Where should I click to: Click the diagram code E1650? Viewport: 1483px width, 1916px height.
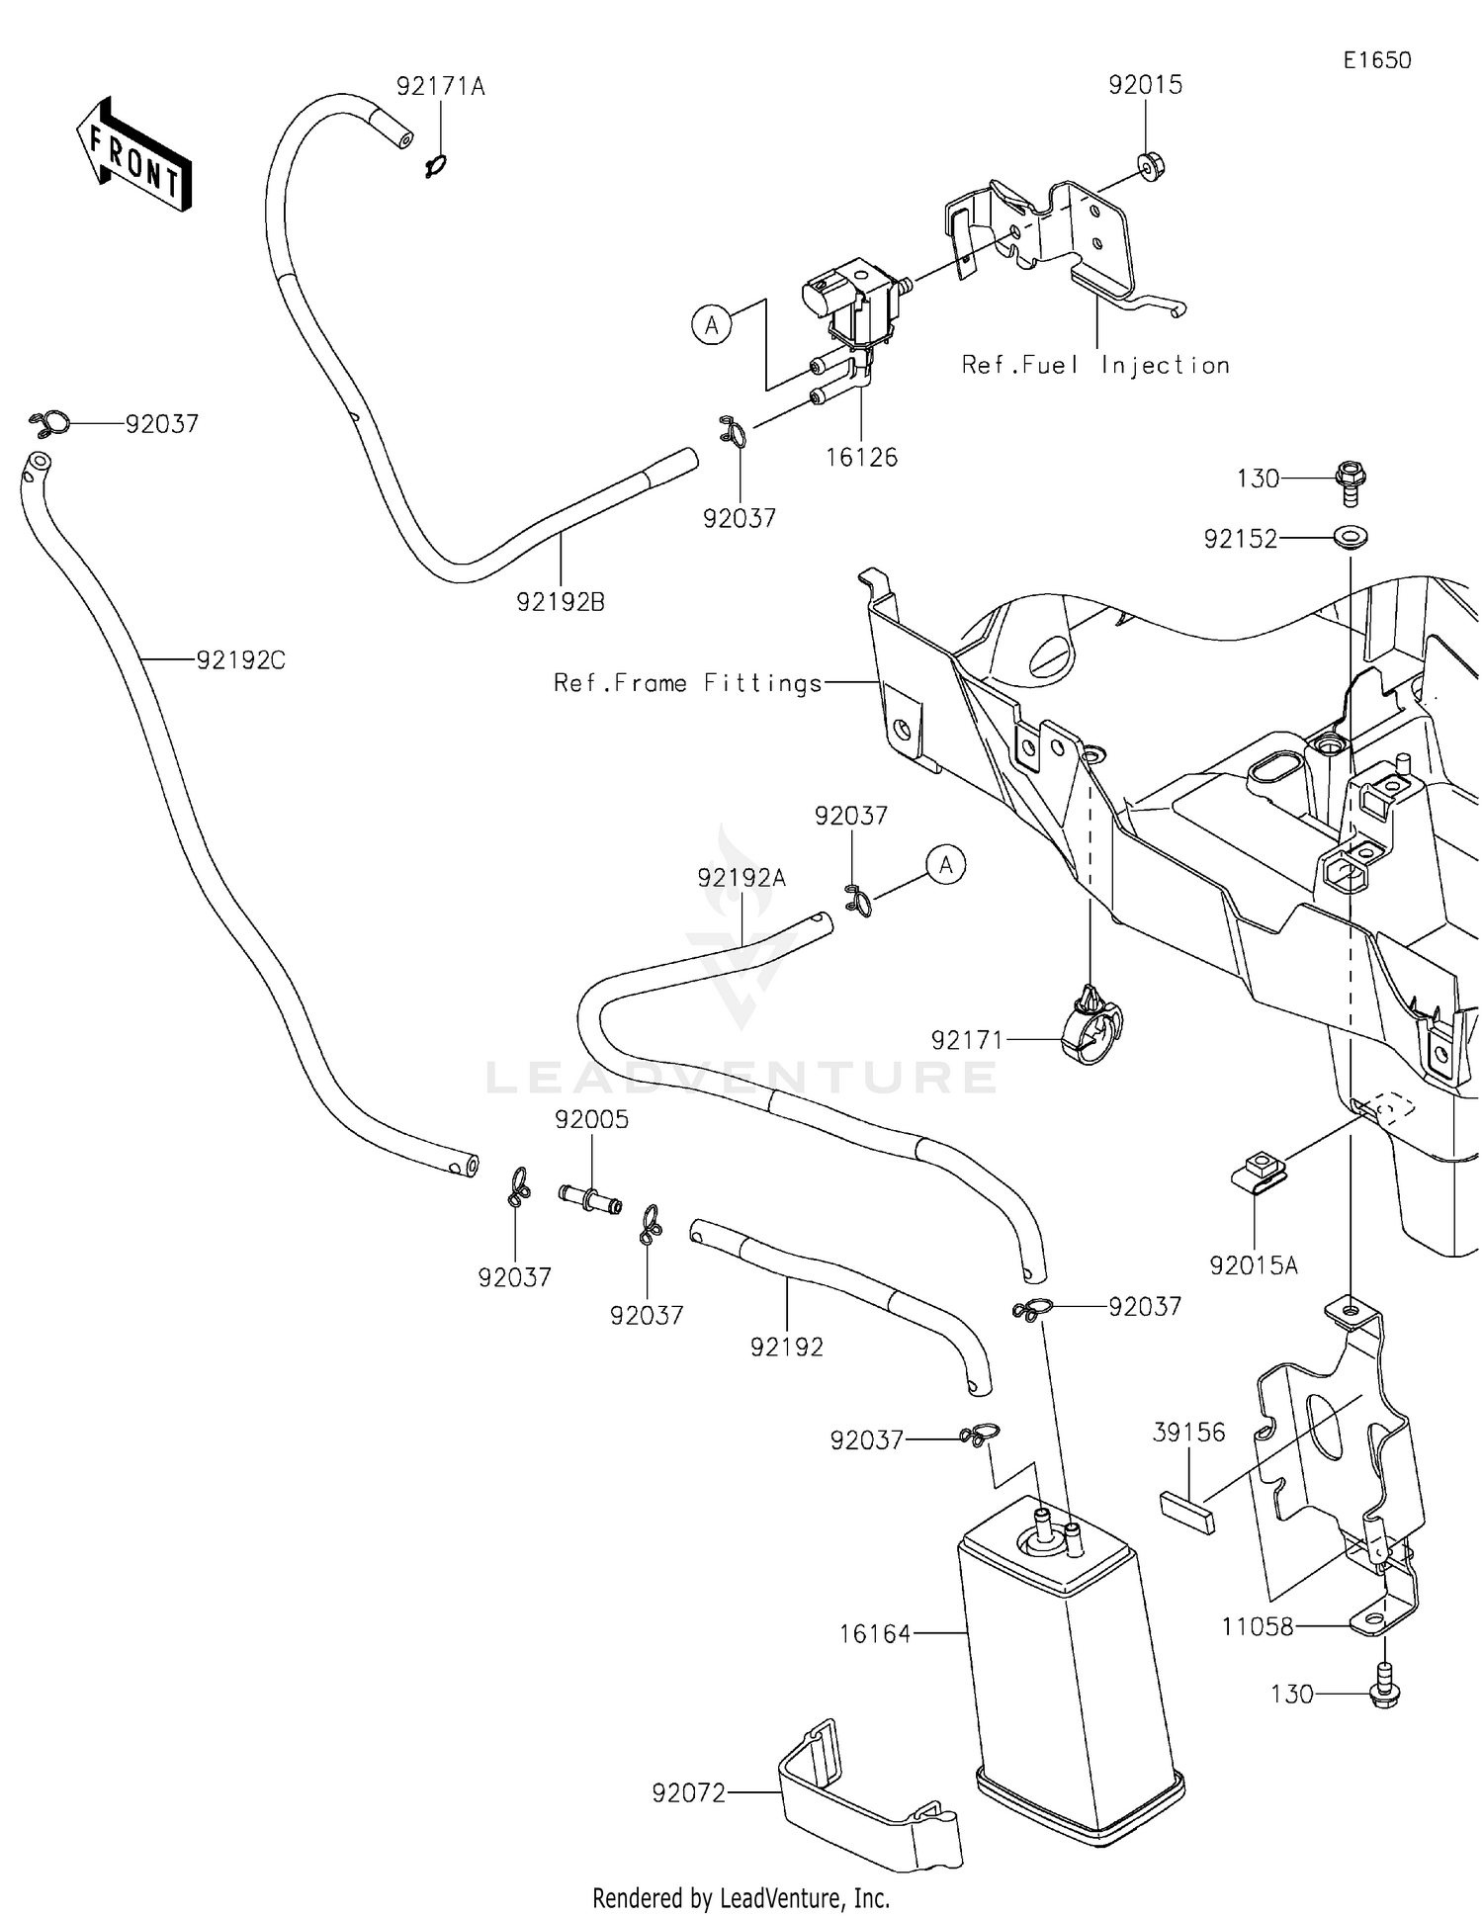coord(1376,60)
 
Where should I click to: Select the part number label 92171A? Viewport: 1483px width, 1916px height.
coord(440,87)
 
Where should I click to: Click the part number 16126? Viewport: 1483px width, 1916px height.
coord(862,457)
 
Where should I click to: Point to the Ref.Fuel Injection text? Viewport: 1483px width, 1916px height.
coord(1095,366)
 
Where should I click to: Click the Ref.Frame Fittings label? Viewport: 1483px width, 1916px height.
coord(687,683)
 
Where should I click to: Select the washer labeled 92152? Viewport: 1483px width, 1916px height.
coord(1350,538)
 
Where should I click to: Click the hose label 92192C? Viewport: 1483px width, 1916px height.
coord(240,659)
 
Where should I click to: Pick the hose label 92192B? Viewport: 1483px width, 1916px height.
coord(560,601)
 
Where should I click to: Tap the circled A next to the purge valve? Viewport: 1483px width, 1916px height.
coord(712,324)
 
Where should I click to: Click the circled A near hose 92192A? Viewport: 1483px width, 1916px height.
coord(946,865)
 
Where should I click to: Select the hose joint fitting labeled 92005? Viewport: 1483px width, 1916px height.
coord(589,1199)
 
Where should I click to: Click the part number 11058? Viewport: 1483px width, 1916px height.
coord(1257,1626)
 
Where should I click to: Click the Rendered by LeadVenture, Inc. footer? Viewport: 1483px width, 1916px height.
coord(741,1897)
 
